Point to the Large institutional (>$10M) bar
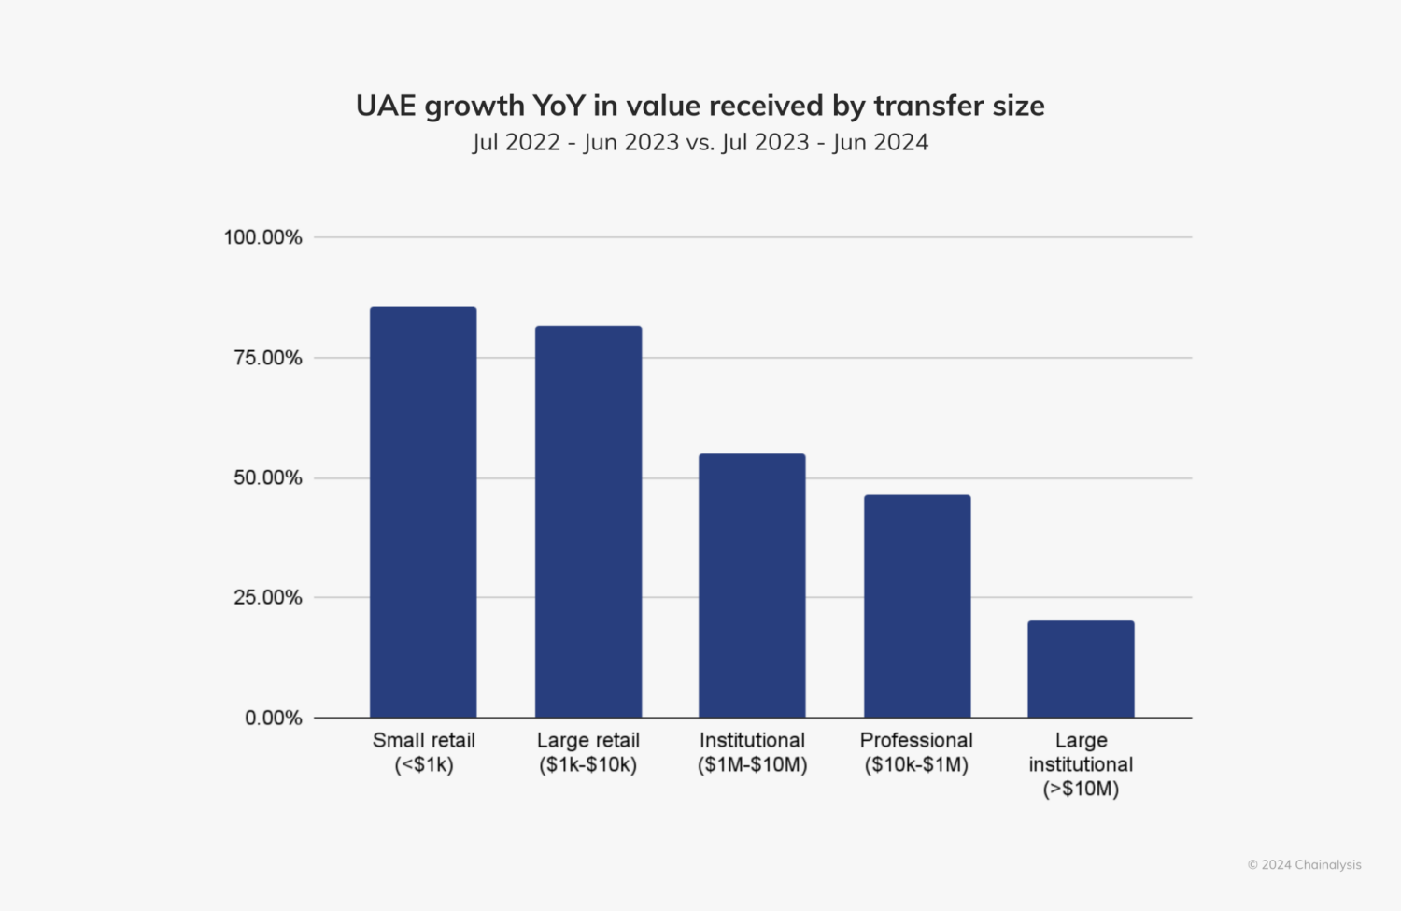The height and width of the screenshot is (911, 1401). pos(1081,669)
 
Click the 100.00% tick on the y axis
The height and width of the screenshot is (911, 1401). pos(262,237)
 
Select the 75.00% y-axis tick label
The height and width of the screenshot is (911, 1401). pos(267,358)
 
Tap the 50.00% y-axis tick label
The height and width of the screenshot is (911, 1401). pos(267,477)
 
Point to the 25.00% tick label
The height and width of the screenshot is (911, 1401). pos(267,597)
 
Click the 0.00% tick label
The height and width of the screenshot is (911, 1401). pos(273,718)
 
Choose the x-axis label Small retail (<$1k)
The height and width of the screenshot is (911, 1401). pos(423,752)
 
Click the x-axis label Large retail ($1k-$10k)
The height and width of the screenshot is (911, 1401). pos(588,752)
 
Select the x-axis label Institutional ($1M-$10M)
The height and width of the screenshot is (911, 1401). pos(752,752)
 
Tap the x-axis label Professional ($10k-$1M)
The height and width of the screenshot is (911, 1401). pos(916,752)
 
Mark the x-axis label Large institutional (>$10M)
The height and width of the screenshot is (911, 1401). pos(1081,764)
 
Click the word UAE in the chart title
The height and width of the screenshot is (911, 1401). pos(386,106)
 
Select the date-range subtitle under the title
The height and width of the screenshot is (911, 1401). pos(700,143)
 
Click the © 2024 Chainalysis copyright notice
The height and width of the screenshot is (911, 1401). pos(1304,864)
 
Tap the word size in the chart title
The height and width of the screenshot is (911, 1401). pos(1018,106)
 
